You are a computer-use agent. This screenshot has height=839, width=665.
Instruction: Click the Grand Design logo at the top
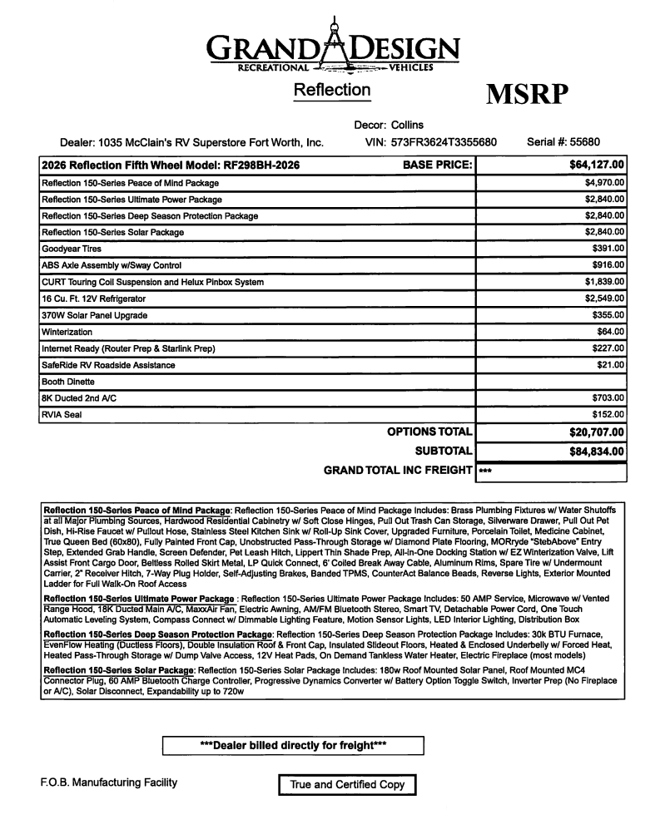[x=333, y=48]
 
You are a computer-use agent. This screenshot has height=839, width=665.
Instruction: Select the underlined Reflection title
[x=332, y=90]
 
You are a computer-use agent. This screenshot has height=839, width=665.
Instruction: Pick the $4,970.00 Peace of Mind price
[x=605, y=182]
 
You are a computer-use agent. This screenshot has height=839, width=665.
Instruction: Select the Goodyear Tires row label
[x=72, y=249]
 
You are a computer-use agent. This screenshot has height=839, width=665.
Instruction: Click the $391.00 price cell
[x=608, y=249]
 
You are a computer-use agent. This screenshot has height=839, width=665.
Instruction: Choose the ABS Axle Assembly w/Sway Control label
[x=112, y=265]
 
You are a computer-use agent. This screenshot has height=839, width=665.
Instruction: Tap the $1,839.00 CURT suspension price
[x=605, y=282]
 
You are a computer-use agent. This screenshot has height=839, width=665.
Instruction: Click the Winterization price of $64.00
[x=611, y=332]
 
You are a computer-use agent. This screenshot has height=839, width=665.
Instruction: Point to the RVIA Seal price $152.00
[x=608, y=415]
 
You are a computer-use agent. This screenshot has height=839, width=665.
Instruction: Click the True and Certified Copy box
[x=347, y=784]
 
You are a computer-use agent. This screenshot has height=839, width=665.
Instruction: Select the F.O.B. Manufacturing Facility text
[x=108, y=782]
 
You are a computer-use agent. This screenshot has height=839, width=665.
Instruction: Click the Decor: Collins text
[x=389, y=126]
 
